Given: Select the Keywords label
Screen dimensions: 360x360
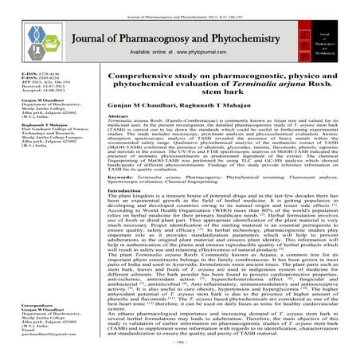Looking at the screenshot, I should point(122,196).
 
